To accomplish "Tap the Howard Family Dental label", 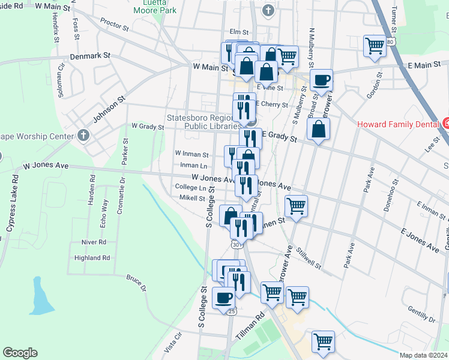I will point(399,125).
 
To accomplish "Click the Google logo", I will point(20,353).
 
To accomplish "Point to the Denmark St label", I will point(91,55).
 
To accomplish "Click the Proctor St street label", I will point(115,25).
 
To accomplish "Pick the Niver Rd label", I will point(94,242).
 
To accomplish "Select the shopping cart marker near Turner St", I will point(375,46).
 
